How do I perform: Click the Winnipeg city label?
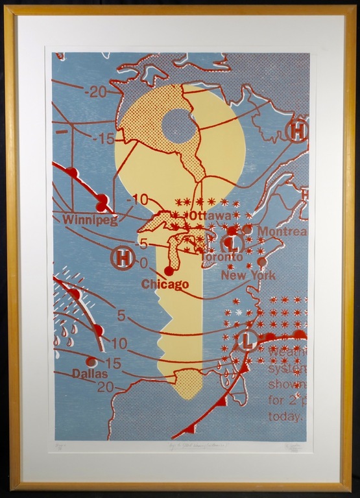pos(90,220)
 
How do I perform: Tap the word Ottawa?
pos(210,215)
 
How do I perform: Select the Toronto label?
pos(221,257)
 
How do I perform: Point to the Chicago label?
pos(165,284)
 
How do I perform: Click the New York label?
pos(248,275)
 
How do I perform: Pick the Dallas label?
pos(90,373)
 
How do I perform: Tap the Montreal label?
pos(282,231)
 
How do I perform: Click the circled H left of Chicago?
pos(123,259)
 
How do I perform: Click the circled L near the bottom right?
pos(246,340)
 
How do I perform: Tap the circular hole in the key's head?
pos(180,126)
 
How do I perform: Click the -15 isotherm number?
pos(103,138)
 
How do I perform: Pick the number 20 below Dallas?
pos(104,387)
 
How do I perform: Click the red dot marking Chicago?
pos(170,270)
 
